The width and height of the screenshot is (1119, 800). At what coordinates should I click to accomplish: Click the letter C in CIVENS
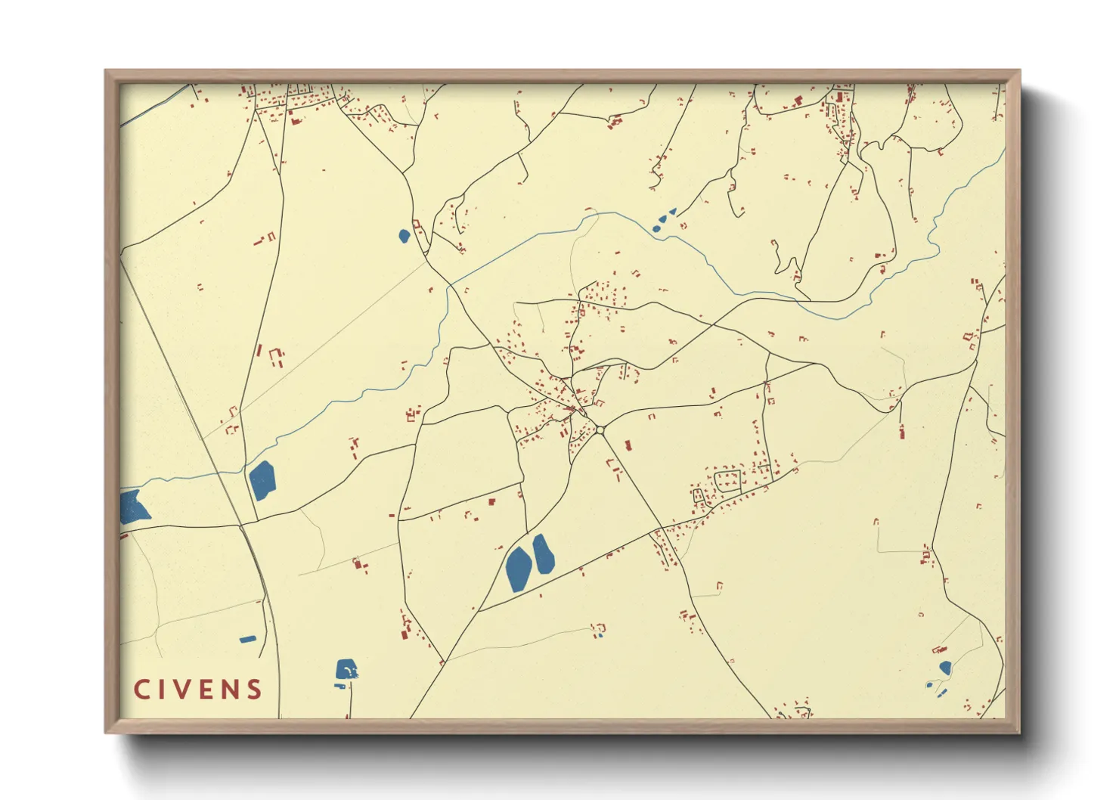(141, 690)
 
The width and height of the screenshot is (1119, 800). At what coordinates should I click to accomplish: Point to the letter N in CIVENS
(231, 690)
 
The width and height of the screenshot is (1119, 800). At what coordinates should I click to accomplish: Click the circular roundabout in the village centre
(600, 430)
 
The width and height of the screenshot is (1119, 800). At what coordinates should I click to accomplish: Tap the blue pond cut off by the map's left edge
(132, 507)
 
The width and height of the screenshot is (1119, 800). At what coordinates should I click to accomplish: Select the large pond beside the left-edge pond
(262, 480)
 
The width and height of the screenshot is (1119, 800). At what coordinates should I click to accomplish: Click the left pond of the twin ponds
(518, 569)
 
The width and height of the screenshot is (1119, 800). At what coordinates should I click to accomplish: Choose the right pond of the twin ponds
(543, 553)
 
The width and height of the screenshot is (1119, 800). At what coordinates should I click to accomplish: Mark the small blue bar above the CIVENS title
(247, 640)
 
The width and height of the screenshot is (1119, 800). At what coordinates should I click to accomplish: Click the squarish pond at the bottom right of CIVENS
(346, 670)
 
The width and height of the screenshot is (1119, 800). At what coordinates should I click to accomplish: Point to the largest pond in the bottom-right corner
(945, 668)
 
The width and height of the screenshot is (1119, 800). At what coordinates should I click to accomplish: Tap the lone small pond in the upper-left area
(404, 235)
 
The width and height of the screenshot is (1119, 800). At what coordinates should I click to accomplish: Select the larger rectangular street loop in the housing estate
(727, 481)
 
